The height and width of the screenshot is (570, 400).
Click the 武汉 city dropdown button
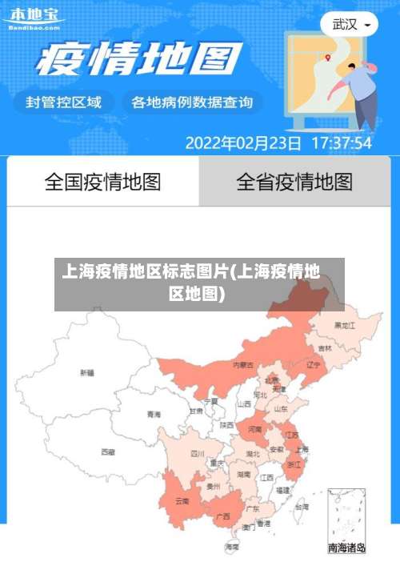pos(350,24)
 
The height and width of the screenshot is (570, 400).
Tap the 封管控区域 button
pos(64,102)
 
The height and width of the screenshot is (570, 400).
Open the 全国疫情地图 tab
pos(102,182)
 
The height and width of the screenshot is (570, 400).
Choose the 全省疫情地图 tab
pos(294,182)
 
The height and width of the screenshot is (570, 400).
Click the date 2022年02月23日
pos(243,144)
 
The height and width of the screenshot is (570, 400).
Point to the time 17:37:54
pos(341,144)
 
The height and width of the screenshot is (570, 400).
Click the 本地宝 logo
pos(33,18)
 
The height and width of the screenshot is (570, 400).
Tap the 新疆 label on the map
pos(87,372)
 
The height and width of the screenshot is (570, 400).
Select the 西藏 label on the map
pos(107,452)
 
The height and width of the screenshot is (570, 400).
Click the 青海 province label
pos(154,414)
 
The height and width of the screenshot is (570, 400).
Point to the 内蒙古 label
pos(243,364)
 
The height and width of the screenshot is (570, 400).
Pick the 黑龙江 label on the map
pos(345,326)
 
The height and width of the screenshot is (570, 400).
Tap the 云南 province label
pos(182,501)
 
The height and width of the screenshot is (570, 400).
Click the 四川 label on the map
pos(198,453)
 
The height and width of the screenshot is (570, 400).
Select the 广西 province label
pos(223,516)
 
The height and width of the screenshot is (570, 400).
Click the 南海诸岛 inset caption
pos(346,548)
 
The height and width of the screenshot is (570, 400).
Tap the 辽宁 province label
pos(313,364)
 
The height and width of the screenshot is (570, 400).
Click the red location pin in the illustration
pos(328,57)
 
